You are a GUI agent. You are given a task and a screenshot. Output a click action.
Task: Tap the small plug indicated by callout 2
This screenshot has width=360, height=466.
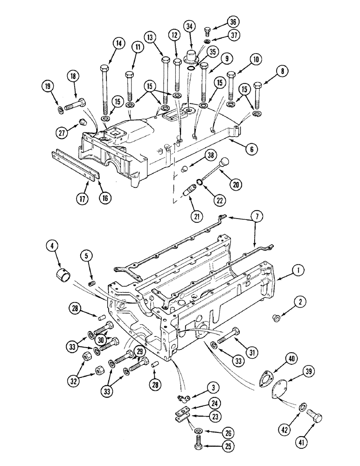click(275, 318)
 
